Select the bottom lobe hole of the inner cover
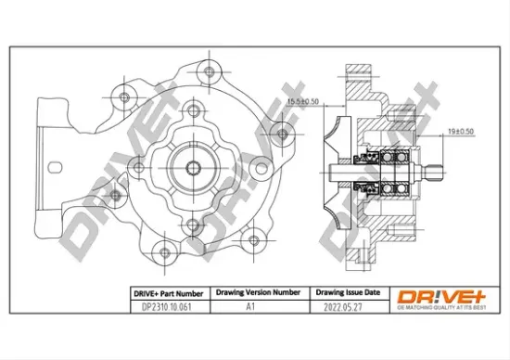pos(191,223)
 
